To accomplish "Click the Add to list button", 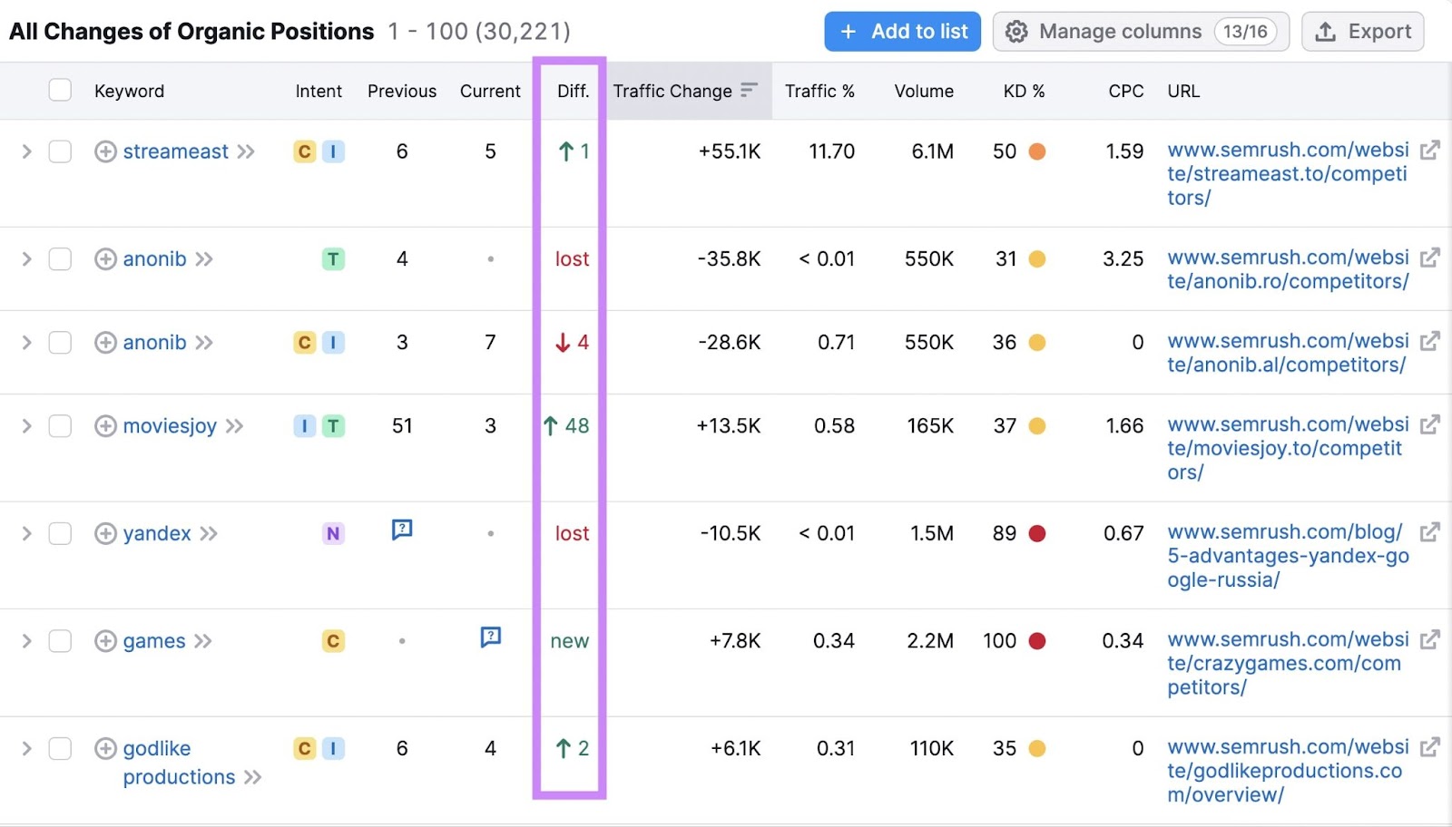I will [902, 32].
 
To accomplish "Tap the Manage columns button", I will [1140, 32].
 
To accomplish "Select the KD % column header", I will [1024, 91].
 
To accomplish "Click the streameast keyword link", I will [175, 151].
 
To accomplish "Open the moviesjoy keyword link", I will [170, 426].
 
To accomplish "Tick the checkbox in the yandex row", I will [60, 533].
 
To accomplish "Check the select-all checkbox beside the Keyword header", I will [60, 90].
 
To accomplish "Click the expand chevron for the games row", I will [26, 641].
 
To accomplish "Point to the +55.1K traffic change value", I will [729, 151].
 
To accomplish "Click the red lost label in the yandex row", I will [572, 533].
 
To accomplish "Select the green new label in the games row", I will [569, 641].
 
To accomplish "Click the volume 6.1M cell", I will [932, 151].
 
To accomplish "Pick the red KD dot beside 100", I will [1037, 641].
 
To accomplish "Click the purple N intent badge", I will [333, 533].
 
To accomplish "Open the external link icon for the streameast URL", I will [1429, 150].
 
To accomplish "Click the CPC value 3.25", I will [1123, 258].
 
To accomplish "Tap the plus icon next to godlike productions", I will [105, 748].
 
